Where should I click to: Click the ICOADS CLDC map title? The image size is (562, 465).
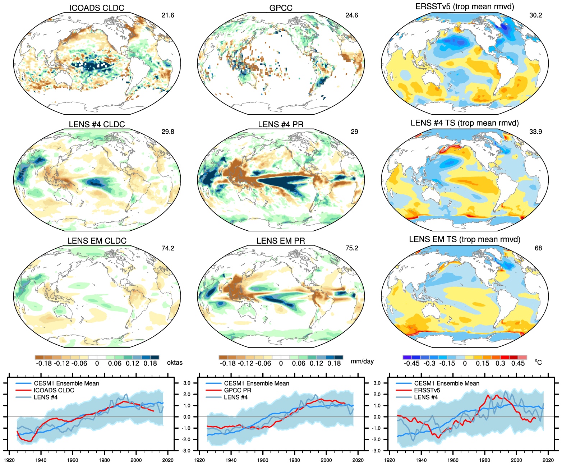[97, 8]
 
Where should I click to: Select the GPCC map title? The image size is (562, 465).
[281, 8]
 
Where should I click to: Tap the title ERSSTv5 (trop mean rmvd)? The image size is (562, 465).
[465, 6]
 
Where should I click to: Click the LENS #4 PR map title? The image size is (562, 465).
[281, 124]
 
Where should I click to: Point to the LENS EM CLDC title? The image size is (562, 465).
[97, 241]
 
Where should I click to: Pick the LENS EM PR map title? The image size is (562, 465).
[281, 241]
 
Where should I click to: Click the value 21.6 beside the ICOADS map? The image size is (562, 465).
[168, 15]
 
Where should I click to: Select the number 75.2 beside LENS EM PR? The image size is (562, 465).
[352, 248]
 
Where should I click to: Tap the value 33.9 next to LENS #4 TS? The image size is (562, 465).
[535, 132]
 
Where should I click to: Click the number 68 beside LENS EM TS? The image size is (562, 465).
[538, 248]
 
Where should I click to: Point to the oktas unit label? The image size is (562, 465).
[175, 363]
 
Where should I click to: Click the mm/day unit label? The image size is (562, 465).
[362, 361]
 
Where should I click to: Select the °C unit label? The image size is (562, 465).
[538, 362]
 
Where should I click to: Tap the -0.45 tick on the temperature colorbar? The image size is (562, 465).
[411, 363]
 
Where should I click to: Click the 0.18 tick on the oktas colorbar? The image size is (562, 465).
[150, 363]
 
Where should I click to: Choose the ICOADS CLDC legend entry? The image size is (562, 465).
[54, 390]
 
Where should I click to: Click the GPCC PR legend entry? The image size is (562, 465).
[238, 390]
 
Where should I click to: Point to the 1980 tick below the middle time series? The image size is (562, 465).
[294, 460]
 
